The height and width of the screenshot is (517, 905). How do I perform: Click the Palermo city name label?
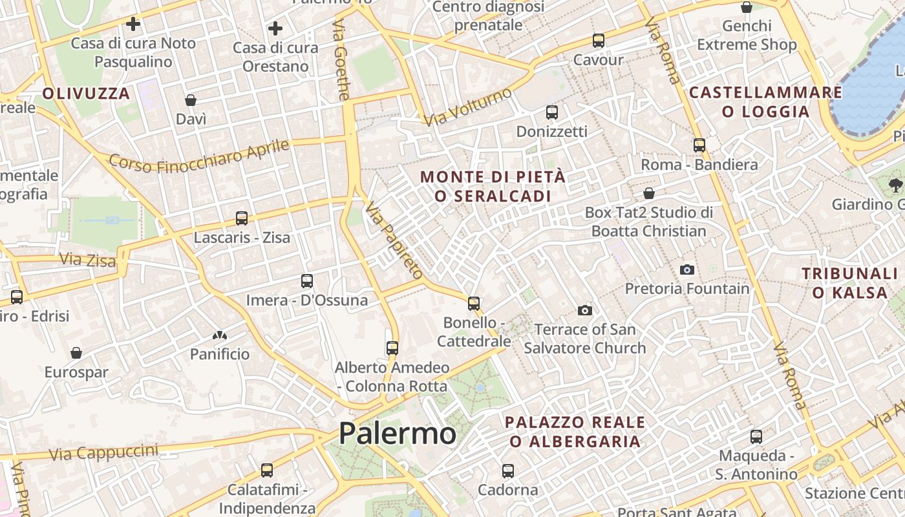(x=397, y=432)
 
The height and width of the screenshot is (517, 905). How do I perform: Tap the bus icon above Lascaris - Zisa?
(x=242, y=218)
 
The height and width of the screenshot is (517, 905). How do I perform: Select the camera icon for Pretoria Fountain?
(x=687, y=269)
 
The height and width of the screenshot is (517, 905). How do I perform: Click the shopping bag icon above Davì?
(x=191, y=100)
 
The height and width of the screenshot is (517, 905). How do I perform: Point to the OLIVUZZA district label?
(x=87, y=94)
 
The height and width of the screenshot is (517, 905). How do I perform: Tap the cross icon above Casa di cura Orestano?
(x=275, y=28)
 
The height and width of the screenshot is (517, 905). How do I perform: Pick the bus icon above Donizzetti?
(x=552, y=112)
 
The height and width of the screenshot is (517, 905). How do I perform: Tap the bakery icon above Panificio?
(x=220, y=335)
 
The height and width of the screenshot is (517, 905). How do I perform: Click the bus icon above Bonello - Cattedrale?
(x=474, y=303)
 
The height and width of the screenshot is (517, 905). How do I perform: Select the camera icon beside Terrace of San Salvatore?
(x=585, y=311)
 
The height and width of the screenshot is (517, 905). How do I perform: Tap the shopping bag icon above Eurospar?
(x=76, y=353)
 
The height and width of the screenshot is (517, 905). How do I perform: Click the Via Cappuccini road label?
(x=103, y=452)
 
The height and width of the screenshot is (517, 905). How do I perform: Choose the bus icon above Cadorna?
(x=508, y=470)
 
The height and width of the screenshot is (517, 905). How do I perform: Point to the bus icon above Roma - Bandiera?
(x=699, y=145)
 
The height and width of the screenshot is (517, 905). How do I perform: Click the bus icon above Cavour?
(x=599, y=41)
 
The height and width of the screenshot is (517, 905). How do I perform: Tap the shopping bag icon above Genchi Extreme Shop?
(x=747, y=7)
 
